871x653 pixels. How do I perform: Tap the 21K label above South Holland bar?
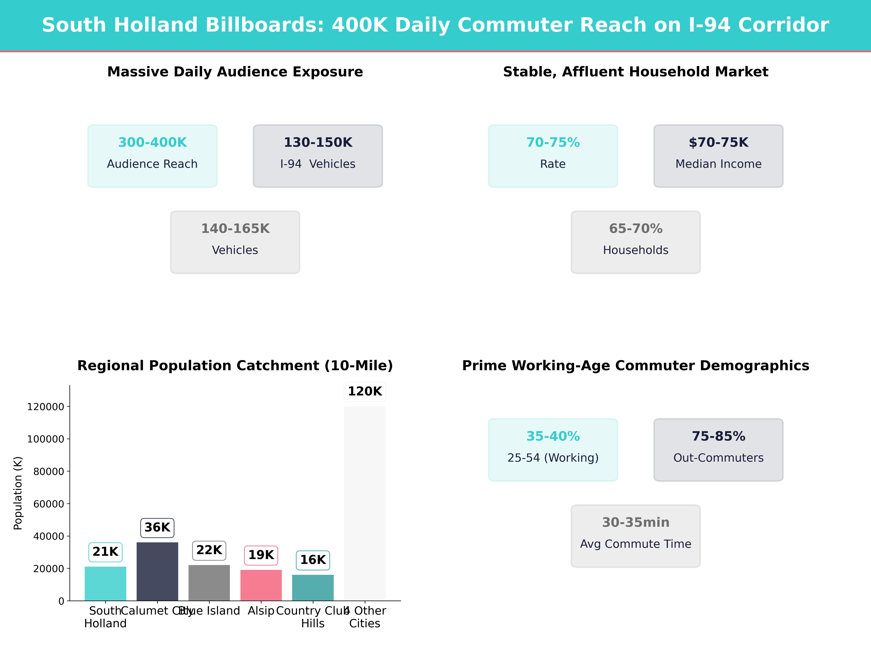[106, 552]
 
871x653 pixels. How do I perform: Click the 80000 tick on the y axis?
[48, 472]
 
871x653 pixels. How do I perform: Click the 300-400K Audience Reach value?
[152, 143]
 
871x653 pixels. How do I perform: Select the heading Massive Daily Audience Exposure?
[235, 72]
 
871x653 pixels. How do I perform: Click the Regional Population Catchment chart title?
[235, 366]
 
